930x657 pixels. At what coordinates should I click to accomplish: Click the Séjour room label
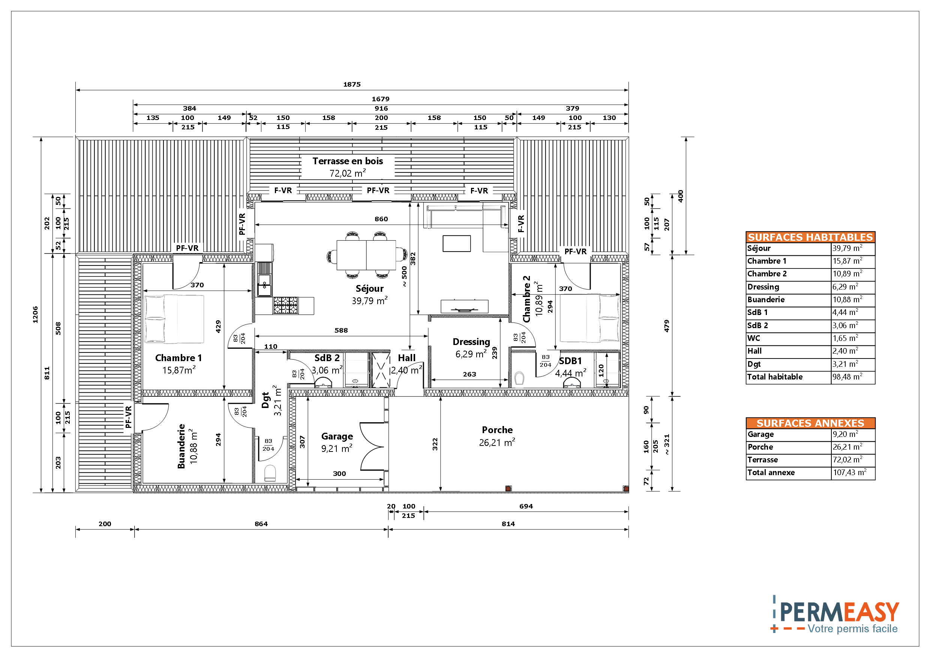pyautogui.click(x=369, y=289)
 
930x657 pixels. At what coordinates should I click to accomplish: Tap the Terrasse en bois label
pyautogui.click(x=348, y=161)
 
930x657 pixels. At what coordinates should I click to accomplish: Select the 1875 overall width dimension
pyautogui.click(x=352, y=85)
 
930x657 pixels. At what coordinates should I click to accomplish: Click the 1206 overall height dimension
pyautogui.click(x=35, y=315)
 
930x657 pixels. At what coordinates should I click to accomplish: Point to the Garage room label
pyautogui.click(x=337, y=436)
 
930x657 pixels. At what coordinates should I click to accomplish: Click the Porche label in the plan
pyautogui.click(x=497, y=430)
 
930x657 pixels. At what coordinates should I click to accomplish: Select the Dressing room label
pyautogui.click(x=471, y=342)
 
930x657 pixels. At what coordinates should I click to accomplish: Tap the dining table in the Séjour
pyautogui.click(x=366, y=255)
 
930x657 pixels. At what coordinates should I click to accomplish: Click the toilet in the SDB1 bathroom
pyautogui.click(x=519, y=378)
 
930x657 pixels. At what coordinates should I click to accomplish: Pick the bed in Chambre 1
pyautogui.click(x=174, y=319)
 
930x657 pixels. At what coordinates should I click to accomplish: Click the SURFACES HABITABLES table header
pyautogui.click(x=810, y=237)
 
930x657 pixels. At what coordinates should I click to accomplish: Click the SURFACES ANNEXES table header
pyautogui.click(x=810, y=423)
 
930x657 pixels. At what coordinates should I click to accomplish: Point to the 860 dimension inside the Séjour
pyautogui.click(x=381, y=219)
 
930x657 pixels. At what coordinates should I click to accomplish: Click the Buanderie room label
pyautogui.click(x=181, y=446)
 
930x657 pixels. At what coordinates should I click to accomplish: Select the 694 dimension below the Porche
pyautogui.click(x=526, y=506)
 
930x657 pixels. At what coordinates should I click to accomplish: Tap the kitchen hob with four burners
pyautogui.click(x=285, y=305)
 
